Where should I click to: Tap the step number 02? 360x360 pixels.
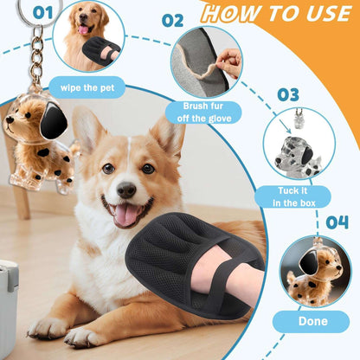pyautogui.click(x=173, y=20)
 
